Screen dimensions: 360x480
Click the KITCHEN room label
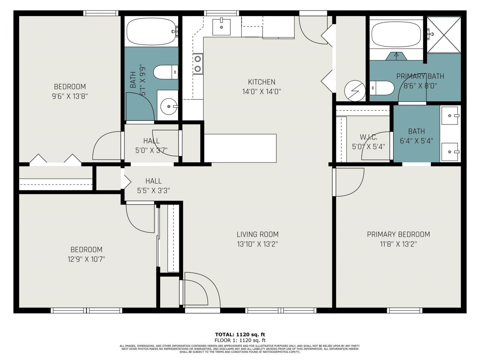pyautogui.click(x=261, y=82)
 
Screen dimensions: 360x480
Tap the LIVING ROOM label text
pyautogui.click(x=257, y=234)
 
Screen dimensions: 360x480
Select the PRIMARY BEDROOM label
pyautogui.click(x=398, y=234)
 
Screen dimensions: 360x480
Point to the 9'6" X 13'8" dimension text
pyautogui.click(x=70, y=96)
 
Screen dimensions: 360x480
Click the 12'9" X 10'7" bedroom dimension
pyautogui.click(x=86, y=259)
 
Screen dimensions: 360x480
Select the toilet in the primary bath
pyautogui.click(x=382, y=88)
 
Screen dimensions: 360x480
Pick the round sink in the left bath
pyautogui.click(x=168, y=106)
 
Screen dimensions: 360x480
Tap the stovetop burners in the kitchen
pyautogui.click(x=197, y=64)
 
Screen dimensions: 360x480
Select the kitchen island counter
pyautogui.click(x=240, y=148)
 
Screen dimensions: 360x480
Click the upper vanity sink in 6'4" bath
pyautogui.click(x=450, y=115)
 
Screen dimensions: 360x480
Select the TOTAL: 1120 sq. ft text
pyautogui.click(x=240, y=334)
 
